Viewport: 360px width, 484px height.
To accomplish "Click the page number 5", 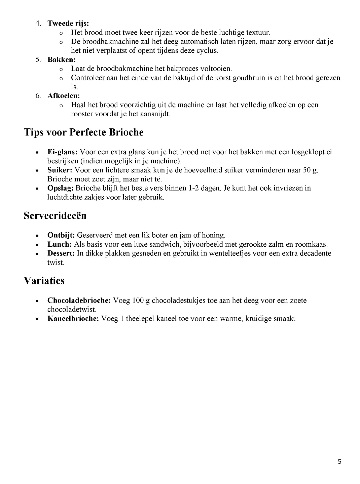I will [x=339, y=461].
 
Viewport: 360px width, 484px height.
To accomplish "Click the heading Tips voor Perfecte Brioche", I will [x=83, y=132].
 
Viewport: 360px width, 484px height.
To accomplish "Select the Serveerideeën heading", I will [x=55, y=215].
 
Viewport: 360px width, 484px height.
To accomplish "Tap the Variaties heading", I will [x=44, y=281].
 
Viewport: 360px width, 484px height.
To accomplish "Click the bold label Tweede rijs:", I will [x=68, y=24].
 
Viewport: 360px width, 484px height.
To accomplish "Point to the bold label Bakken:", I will [x=62, y=59].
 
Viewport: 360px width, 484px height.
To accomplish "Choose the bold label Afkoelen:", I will [x=64, y=95].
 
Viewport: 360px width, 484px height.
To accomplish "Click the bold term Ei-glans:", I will [x=63, y=152].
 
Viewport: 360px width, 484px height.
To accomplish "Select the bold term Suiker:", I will [x=60, y=170].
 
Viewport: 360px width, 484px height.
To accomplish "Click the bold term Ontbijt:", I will [x=61, y=235].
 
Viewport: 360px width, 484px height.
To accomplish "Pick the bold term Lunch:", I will [x=60, y=244].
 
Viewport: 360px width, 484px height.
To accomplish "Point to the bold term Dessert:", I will [x=61, y=253].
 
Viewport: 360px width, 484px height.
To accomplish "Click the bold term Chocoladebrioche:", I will [x=79, y=300].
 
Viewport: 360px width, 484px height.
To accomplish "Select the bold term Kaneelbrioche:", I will [x=73, y=318].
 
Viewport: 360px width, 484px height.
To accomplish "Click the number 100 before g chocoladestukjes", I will [x=138, y=300].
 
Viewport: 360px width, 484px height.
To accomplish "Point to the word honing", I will [x=213, y=235].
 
